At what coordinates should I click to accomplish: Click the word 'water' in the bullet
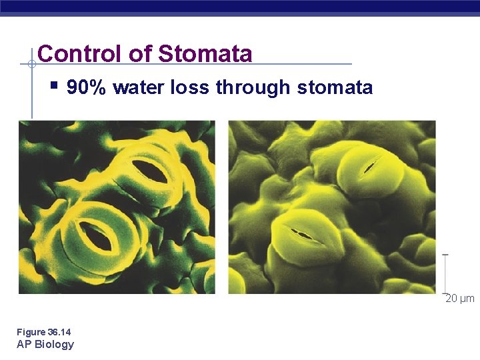(x=138, y=87)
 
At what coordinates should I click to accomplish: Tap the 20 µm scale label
(x=460, y=299)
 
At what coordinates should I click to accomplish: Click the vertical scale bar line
(x=445, y=273)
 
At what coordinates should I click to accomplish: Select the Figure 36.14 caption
(x=44, y=332)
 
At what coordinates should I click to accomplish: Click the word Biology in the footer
(x=55, y=344)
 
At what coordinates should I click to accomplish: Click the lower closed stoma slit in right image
(x=301, y=234)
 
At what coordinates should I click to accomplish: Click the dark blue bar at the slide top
(x=240, y=7)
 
